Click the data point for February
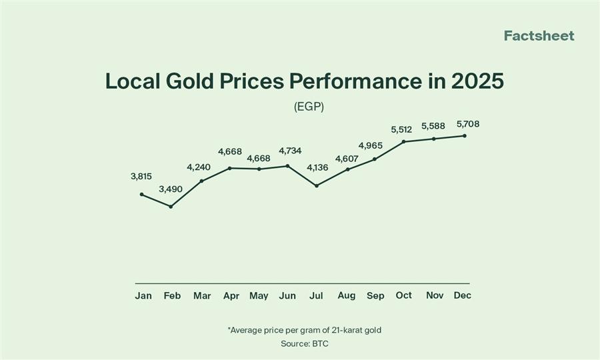tap(171, 207)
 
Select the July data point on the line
tap(317, 185)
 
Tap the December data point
tap(464, 136)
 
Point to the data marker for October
tap(404, 141)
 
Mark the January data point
tap(141, 194)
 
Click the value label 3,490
tap(171, 189)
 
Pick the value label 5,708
tap(467, 124)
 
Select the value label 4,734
tap(289, 151)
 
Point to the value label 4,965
tap(371, 145)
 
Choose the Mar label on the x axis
tap(201, 295)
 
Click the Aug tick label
tap(347, 295)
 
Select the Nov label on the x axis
tap(435, 295)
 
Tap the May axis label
tap(259, 295)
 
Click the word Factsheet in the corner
tap(539, 36)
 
